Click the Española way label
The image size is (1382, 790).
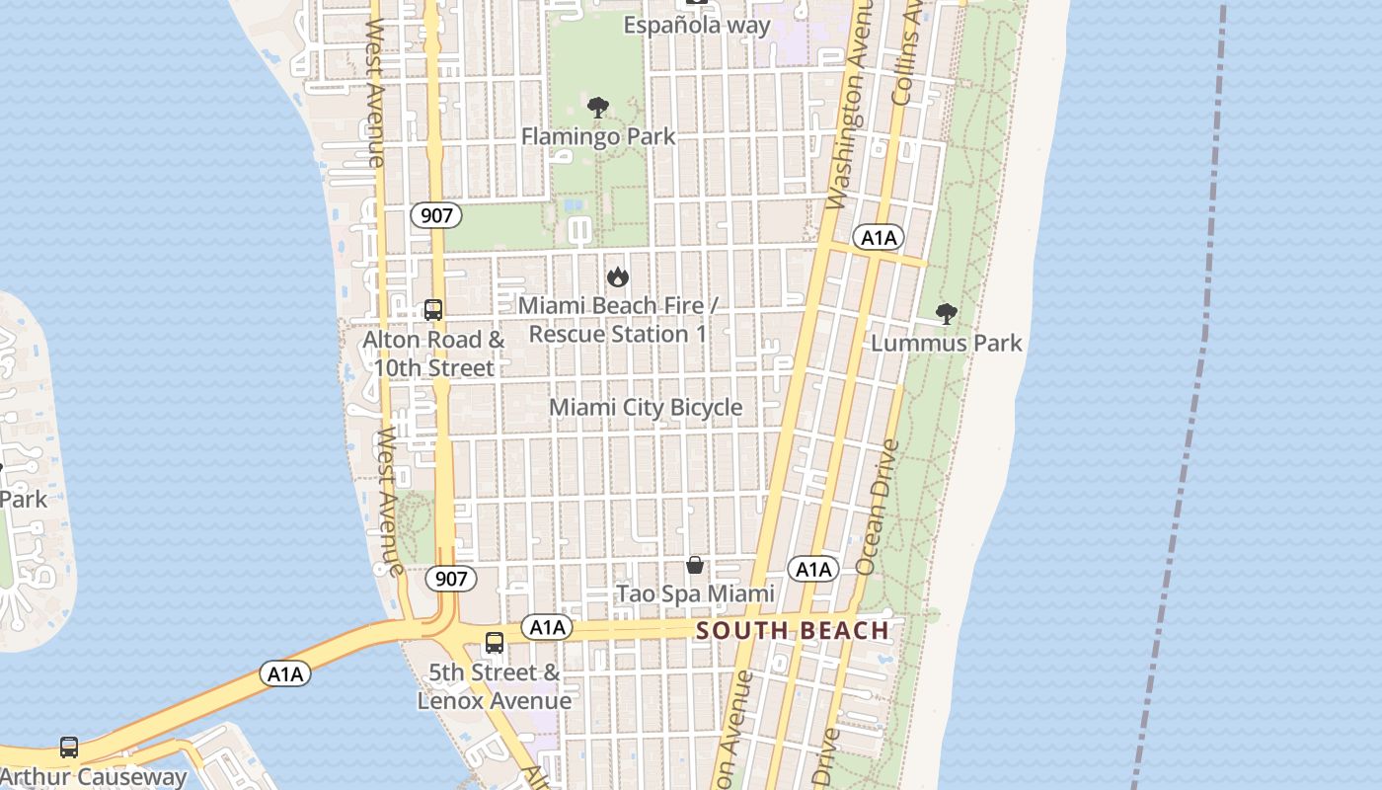point(696,25)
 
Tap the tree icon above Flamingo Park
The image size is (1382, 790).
point(597,108)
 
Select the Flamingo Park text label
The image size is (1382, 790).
point(598,136)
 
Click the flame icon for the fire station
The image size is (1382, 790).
point(618,276)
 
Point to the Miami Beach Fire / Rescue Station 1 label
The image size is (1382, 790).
point(618,320)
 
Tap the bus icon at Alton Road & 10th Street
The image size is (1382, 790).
point(432,310)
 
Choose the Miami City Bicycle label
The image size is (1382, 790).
point(646,407)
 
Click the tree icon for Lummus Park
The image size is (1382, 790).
point(946,314)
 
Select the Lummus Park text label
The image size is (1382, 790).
point(946,343)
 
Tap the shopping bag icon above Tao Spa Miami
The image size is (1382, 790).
point(695,565)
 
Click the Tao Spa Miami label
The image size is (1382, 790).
point(695,593)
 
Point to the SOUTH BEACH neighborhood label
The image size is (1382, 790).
point(793,630)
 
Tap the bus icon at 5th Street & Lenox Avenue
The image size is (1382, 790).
point(494,643)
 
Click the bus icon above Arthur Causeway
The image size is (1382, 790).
point(68,748)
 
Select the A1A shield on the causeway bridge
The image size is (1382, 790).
point(285,673)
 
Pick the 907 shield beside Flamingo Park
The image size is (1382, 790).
point(436,215)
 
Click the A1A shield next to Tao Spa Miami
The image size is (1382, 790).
point(812,569)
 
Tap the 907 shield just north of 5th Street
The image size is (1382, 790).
point(451,579)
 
